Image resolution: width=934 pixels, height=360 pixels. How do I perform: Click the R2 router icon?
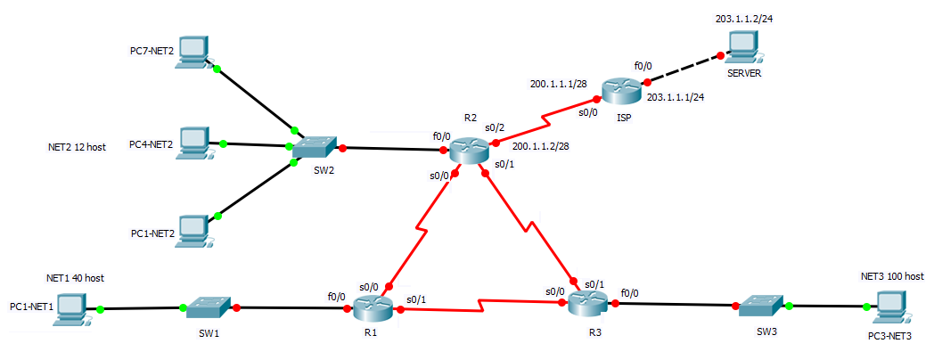(469, 149)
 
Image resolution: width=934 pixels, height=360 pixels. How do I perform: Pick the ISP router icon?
(620, 90)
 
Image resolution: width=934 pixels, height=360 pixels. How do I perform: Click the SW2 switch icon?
(315, 147)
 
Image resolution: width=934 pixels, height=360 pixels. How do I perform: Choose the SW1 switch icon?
(209, 308)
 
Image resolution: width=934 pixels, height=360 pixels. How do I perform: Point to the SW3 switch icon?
(762, 306)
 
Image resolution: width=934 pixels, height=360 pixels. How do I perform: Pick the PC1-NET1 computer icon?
(72, 308)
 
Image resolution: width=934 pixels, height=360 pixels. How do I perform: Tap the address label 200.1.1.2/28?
(541, 146)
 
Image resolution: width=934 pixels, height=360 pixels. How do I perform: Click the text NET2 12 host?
(78, 147)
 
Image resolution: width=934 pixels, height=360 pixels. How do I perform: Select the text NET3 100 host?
(892, 277)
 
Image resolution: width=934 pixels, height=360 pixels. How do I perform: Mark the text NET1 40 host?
(75, 278)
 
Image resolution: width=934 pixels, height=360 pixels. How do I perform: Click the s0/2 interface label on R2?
(496, 128)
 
